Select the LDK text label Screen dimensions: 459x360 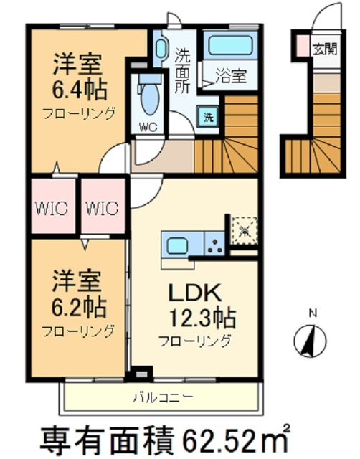pyautogui.click(x=193, y=293)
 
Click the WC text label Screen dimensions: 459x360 pyautogui.click(x=148, y=128)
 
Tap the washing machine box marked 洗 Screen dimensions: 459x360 pyautogui.click(x=208, y=118)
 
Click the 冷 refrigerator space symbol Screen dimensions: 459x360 pyautogui.click(x=244, y=231)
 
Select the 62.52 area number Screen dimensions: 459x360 pyautogui.click(x=228, y=436)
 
